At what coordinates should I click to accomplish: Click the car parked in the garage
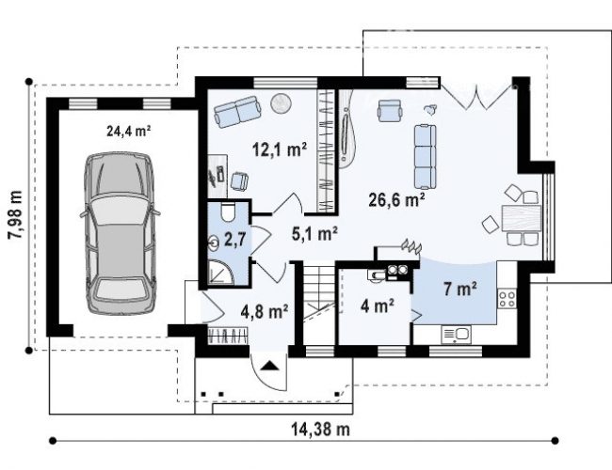pos(120,233)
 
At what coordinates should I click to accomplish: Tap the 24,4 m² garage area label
pos(129,131)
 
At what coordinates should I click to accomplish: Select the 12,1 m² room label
pos(279,149)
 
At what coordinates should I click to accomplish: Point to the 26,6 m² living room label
pos(397,199)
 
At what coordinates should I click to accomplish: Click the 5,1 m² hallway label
pos(315,233)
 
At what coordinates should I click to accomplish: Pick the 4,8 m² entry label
pos(265,311)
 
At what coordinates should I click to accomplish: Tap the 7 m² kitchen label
pos(459,289)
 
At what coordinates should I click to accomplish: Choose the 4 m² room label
pos(377,305)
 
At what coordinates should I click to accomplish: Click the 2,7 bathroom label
pos(235,239)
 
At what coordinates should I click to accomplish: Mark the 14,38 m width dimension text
pos(320,429)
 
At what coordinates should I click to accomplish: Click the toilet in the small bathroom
pos(227,211)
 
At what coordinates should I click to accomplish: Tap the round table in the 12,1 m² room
pos(281,102)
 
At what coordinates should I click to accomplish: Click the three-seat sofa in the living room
pos(425,156)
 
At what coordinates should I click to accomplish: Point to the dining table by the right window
pos(522,218)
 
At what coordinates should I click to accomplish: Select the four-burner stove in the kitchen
pos(507,299)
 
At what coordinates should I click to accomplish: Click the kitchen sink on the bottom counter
pos(456,335)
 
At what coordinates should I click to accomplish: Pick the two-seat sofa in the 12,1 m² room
pos(238,112)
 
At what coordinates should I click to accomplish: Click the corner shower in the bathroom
pos(220,272)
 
